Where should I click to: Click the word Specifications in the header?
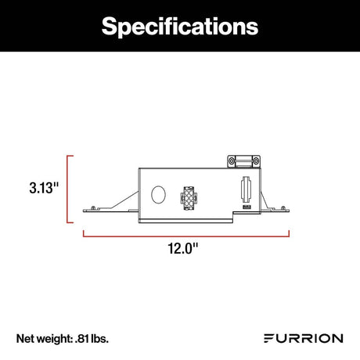(x=180, y=26)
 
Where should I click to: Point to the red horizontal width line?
(x=185, y=232)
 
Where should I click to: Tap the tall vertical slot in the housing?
(x=245, y=189)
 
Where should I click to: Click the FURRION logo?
(x=301, y=338)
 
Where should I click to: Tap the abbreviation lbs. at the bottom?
(x=100, y=338)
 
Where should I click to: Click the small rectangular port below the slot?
(x=245, y=208)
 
